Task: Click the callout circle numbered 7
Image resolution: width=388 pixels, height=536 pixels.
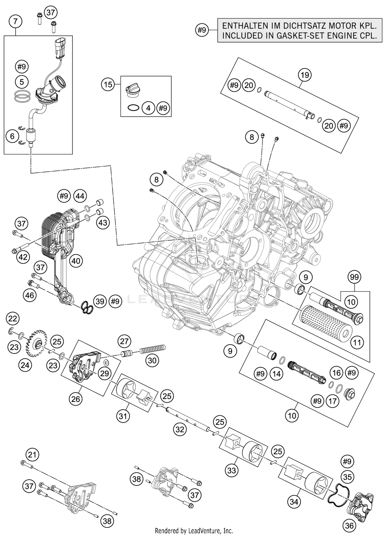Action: tap(15, 21)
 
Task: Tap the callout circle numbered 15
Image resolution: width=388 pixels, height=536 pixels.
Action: tap(108, 85)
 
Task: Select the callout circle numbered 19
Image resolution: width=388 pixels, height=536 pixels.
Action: tap(305, 75)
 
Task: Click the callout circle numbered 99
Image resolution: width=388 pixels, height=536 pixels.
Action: tap(354, 277)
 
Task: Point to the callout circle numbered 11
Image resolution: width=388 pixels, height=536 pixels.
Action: tap(357, 343)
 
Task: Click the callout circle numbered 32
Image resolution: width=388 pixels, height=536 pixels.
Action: tap(180, 430)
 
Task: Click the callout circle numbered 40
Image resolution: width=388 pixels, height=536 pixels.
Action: tap(76, 261)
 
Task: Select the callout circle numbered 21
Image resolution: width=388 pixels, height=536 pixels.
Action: tap(32, 455)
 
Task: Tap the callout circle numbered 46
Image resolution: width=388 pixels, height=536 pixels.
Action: tap(30, 295)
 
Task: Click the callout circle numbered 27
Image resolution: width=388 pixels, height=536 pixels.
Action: tap(124, 341)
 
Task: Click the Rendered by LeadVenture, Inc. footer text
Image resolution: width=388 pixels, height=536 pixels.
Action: tap(194, 531)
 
